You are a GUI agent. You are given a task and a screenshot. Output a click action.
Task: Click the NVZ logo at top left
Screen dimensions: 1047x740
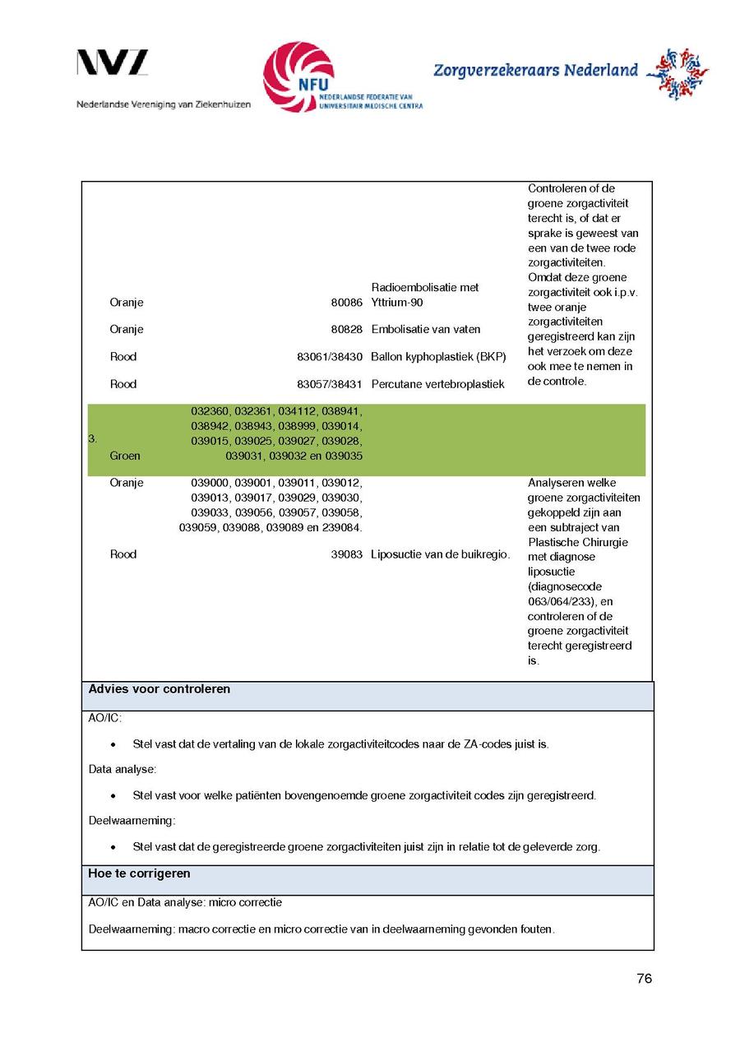tap(113, 63)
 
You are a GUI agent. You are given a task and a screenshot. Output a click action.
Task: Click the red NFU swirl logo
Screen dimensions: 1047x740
tap(298, 77)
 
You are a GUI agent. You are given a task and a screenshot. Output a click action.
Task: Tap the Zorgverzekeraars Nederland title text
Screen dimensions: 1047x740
tap(535, 71)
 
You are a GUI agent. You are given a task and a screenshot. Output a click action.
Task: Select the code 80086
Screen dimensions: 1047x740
tap(346, 303)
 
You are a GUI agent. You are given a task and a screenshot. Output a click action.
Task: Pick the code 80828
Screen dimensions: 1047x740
tap(346, 329)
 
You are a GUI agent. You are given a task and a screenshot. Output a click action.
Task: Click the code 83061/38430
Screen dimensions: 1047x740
tap(330, 357)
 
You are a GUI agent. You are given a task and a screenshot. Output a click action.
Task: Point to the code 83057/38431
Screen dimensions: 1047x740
tap(330, 384)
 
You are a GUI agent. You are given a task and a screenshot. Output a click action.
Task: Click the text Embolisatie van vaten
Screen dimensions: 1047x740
tap(426, 329)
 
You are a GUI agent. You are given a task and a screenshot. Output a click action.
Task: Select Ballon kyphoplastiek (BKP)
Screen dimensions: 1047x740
tap(438, 357)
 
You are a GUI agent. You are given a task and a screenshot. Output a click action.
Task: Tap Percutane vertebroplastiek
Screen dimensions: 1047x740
tap(437, 384)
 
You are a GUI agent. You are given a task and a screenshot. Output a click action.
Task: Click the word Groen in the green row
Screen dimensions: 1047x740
tap(125, 456)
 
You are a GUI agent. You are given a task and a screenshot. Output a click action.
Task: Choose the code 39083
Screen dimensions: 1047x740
tap(346, 554)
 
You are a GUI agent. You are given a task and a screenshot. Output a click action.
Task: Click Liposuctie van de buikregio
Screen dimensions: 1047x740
tap(440, 554)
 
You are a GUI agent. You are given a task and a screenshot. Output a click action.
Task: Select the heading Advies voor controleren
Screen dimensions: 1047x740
tap(159, 689)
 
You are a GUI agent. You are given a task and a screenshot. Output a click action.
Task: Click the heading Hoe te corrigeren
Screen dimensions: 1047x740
tap(139, 873)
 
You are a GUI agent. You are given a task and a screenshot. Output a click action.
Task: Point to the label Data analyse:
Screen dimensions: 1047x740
tap(123, 770)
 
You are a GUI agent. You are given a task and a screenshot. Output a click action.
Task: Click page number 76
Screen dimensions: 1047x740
tap(644, 979)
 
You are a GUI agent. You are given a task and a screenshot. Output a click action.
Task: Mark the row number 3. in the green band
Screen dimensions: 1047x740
tap(93, 439)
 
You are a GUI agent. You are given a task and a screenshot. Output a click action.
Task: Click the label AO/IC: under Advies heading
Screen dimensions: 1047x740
tap(104, 719)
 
